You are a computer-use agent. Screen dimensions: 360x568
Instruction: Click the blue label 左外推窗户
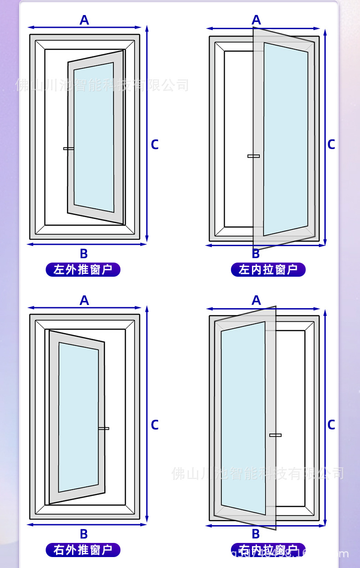(82, 270)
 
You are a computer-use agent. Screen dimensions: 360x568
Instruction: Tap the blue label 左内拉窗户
(268, 270)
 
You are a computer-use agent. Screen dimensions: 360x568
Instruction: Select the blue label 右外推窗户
(82, 550)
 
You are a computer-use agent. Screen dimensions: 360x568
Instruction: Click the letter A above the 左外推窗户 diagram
(84, 20)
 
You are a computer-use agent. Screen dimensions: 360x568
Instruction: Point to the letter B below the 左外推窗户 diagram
(84, 254)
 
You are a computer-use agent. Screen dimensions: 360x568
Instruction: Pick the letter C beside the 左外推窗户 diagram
(155, 145)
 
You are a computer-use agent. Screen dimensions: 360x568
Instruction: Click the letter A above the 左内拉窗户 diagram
(256, 20)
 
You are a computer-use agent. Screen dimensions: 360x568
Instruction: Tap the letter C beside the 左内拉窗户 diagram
(331, 145)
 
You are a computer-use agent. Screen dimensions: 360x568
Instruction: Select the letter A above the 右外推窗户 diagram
(84, 300)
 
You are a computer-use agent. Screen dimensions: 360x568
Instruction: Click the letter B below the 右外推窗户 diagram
(84, 534)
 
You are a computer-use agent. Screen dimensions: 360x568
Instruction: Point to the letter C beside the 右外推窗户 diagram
(155, 425)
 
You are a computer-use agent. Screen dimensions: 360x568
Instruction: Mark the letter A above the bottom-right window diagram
(256, 300)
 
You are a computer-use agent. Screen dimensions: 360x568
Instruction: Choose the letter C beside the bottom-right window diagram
(331, 425)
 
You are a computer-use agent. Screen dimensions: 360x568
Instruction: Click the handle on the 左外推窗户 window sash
(68, 149)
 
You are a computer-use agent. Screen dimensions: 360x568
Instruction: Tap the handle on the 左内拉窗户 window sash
(253, 156)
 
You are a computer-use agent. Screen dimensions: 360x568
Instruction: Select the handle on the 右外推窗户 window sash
(104, 428)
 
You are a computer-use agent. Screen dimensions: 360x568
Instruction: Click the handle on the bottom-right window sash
(275, 435)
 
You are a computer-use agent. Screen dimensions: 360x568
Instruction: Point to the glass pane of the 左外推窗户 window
(94, 137)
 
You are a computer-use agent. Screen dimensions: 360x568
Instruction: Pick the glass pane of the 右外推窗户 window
(78, 417)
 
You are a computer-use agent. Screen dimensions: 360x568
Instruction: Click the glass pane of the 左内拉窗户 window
(286, 139)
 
